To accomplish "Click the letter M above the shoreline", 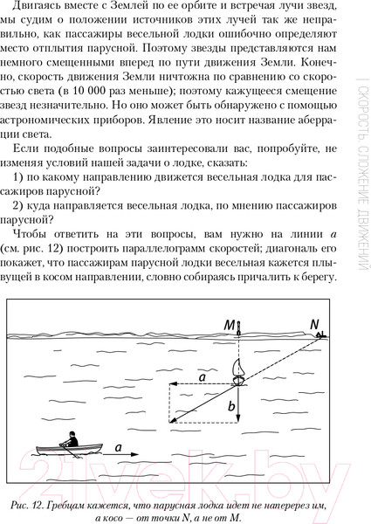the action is tap(228, 327).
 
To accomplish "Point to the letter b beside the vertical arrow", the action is tap(231, 407).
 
